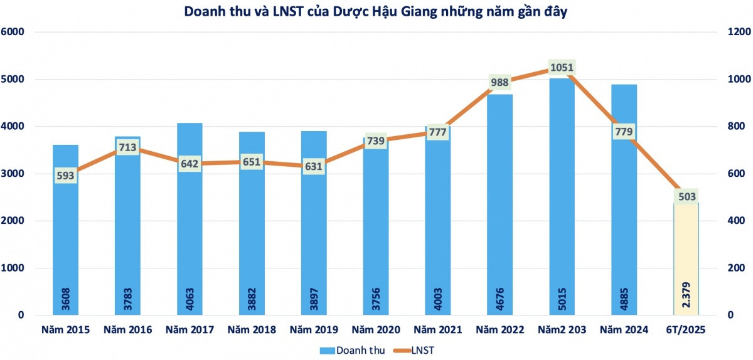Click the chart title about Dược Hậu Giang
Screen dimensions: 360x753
(x=376, y=12)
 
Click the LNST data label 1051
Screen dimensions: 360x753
(x=562, y=67)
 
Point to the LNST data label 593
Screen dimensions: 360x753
(x=65, y=175)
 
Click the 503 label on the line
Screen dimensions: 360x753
(x=686, y=196)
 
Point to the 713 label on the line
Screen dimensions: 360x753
(x=127, y=147)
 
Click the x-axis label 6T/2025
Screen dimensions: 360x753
(x=686, y=330)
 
